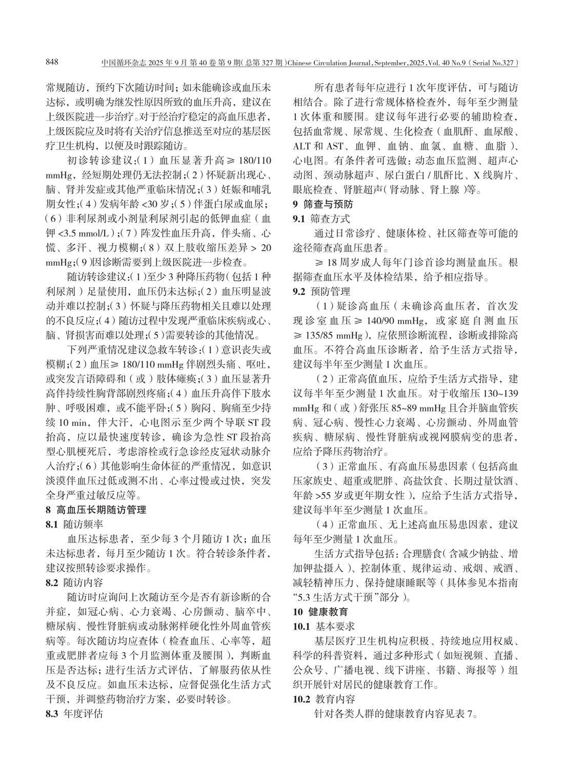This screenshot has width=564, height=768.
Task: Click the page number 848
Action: coord(53,63)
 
